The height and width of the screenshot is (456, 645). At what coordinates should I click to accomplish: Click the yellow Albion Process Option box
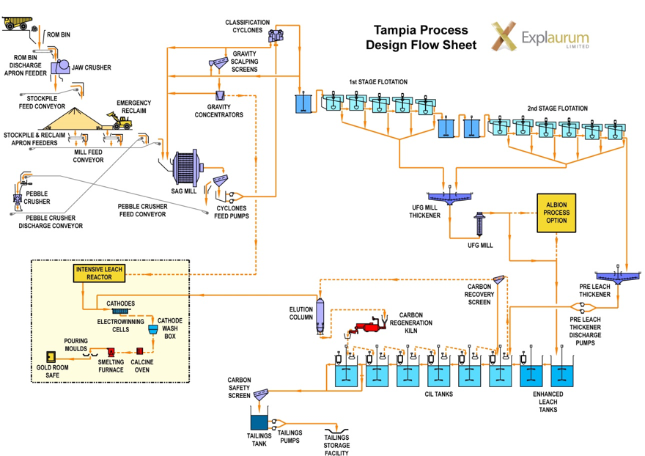click(x=556, y=213)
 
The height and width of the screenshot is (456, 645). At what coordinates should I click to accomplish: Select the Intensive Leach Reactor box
click(x=100, y=273)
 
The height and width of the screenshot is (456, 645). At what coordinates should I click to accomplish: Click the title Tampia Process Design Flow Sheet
click(x=421, y=37)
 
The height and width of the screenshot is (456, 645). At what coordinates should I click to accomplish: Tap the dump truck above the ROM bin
click(x=18, y=21)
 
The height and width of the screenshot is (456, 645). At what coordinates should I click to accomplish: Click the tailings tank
click(x=260, y=422)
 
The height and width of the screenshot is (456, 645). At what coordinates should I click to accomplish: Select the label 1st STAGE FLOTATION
click(x=378, y=82)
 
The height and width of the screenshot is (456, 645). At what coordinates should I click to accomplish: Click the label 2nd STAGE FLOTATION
click(x=557, y=109)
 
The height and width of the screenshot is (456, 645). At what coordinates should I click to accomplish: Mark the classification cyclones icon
click(x=276, y=34)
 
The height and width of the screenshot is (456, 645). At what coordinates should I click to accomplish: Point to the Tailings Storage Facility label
click(x=336, y=445)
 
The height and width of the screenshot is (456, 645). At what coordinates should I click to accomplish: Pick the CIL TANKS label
click(x=439, y=394)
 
